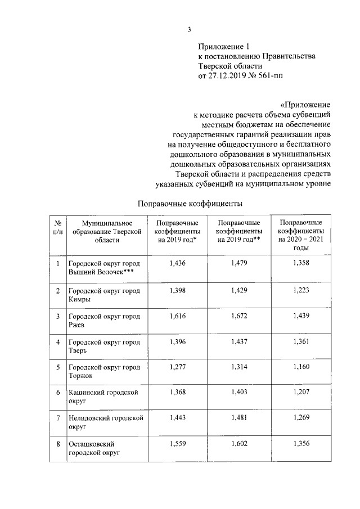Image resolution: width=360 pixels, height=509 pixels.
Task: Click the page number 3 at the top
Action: point(189,30)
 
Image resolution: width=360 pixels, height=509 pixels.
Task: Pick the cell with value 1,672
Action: point(240,316)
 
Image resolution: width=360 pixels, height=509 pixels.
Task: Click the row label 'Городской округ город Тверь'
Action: point(104,346)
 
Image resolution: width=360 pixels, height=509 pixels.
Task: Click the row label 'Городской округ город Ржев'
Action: point(104,321)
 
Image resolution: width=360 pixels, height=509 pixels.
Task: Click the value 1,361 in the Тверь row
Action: point(301,342)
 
